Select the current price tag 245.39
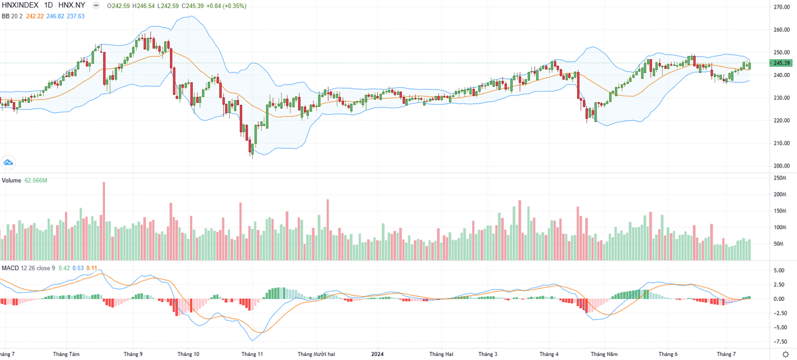(x=781, y=63)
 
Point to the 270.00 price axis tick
(x=781, y=7)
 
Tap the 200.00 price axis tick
(x=781, y=166)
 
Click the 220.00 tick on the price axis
(x=781, y=120)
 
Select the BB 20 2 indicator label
(x=14, y=16)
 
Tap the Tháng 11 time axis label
(x=252, y=355)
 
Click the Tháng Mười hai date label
(x=321, y=355)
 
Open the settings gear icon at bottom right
(x=785, y=354)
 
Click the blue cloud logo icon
(x=9, y=161)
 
